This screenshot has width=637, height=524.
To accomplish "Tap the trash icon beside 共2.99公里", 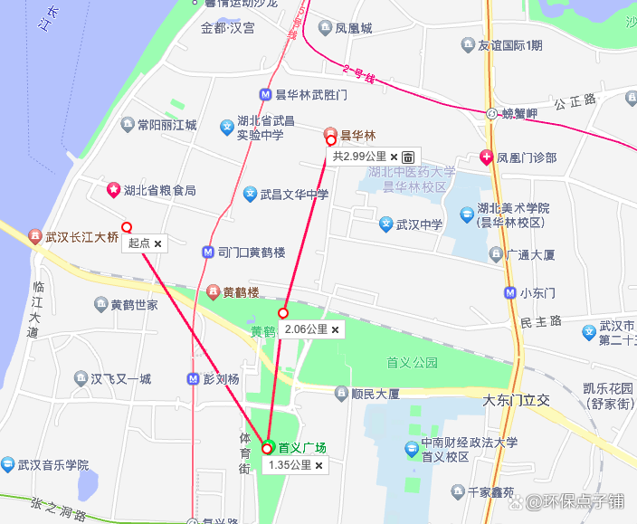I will click(x=408, y=157).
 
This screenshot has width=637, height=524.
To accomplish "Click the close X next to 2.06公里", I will click(x=336, y=330).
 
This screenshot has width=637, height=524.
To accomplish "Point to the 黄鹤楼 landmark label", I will click(x=241, y=292).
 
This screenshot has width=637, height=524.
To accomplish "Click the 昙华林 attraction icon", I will click(x=330, y=135).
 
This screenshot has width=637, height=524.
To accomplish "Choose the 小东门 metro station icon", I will click(x=511, y=292).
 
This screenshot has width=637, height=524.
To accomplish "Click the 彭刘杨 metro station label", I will click(x=220, y=378).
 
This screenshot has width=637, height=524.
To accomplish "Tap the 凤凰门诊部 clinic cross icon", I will click(x=487, y=157).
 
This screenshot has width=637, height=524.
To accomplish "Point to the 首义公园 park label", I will click(x=412, y=362).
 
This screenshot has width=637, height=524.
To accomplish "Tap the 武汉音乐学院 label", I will click(x=53, y=465).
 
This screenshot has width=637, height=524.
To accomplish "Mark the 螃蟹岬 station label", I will click(x=519, y=113).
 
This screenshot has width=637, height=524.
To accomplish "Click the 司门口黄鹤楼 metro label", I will click(x=252, y=252).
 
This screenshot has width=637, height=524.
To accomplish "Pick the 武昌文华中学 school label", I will click(x=294, y=194).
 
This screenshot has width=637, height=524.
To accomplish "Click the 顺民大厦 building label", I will click(x=375, y=393).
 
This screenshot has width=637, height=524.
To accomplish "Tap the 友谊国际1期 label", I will click(x=510, y=45).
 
